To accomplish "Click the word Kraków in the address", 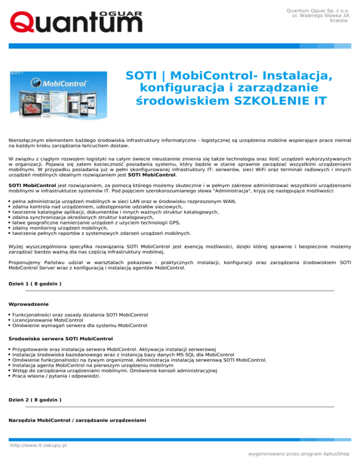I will click(x=338, y=20).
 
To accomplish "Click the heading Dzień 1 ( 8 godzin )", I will click(x=36, y=284).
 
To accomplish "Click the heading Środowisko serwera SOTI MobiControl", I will click(x=61, y=338).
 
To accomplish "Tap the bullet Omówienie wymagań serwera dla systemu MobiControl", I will click(x=80, y=325).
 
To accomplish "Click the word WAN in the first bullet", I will click(x=229, y=202).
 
